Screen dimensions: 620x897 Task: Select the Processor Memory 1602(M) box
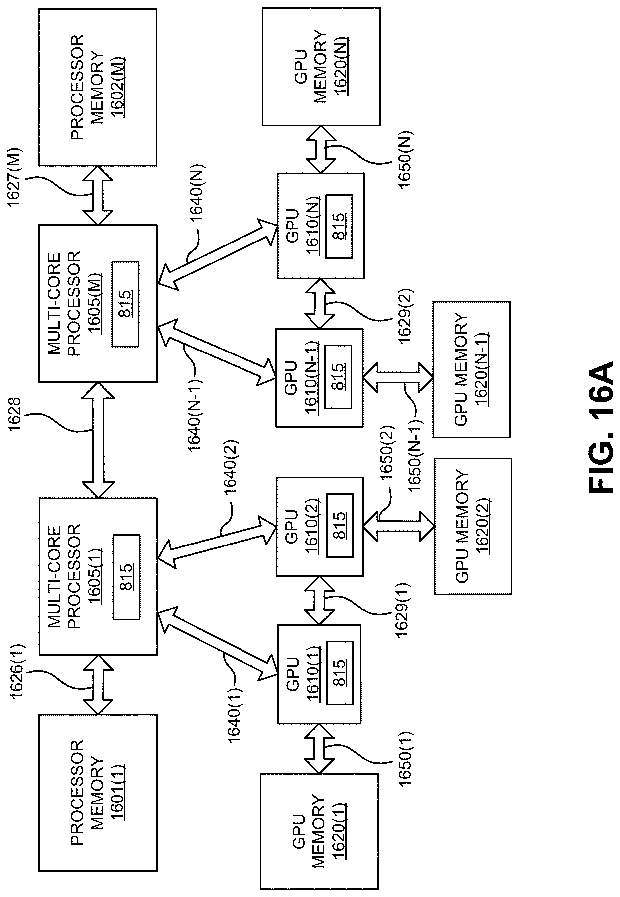[98, 87]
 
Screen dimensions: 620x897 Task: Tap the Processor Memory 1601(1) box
[98, 793]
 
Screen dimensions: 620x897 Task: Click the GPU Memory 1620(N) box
[321, 66]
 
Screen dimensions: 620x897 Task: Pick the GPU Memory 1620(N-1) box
[472, 370]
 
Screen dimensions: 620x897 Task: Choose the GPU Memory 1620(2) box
[473, 527]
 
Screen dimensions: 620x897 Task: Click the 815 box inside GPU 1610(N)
[339, 226]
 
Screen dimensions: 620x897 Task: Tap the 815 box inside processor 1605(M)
[125, 304]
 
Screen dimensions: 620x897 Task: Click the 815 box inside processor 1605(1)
[127, 577]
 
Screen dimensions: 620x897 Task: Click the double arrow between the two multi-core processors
[98, 440]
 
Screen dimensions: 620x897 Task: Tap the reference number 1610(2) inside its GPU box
[313, 527]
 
